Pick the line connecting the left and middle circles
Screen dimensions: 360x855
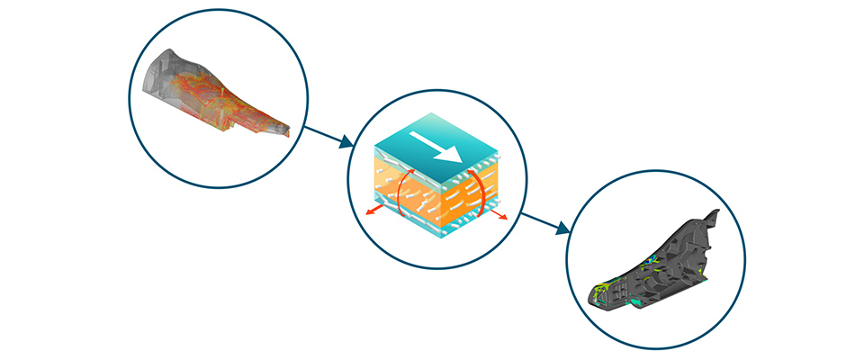319,133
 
